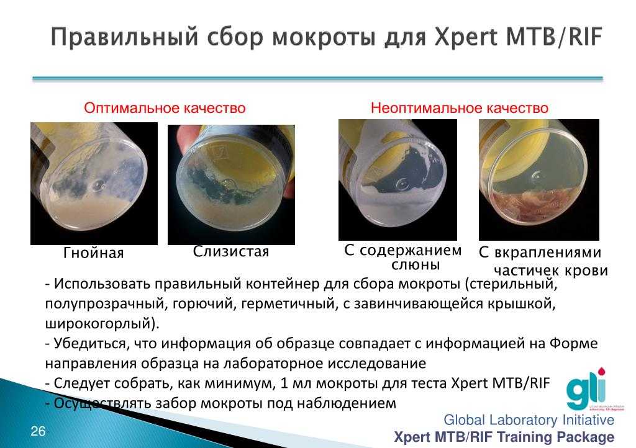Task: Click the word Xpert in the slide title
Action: (x=465, y=38)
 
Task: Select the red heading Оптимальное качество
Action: (x=165, y=108)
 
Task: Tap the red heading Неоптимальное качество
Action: (x=460, y=108)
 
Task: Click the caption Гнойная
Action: (x=93, y=253)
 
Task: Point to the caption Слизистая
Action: (x=231, y=251)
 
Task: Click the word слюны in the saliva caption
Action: (x=416, y=265)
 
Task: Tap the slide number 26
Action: (x=38, y=431)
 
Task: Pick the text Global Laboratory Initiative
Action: (x=529, y=420)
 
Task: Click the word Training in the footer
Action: (x=524, y=437)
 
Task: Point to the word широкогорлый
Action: (x=102, y=324)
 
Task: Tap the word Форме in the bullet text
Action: (x=573, y=344)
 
